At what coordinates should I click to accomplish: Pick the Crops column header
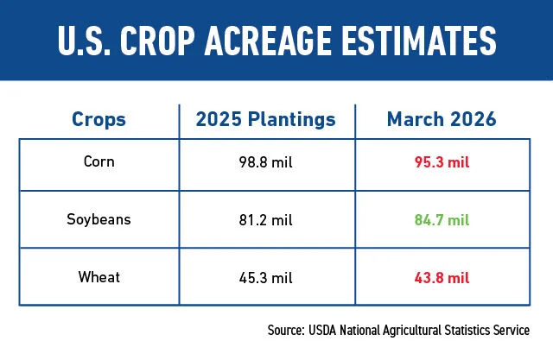pyautogui.click(x=99, y=121)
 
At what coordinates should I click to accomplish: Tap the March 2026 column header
pyautogui.click(x=441, y=121)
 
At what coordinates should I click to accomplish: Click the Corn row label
pyautogui.click(x=99, y=162)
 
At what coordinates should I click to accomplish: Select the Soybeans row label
pyautogui.click(x=99, y=219)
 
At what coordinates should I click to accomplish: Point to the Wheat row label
pyautogui.click(x=99, y=276)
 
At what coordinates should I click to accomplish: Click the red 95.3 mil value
pyautogui.click(x=441, y=162)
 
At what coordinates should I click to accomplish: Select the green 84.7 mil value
pyautogui.click(x=441, y=219)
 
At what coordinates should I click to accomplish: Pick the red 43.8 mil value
pyautogui.click(x=441, y=276)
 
